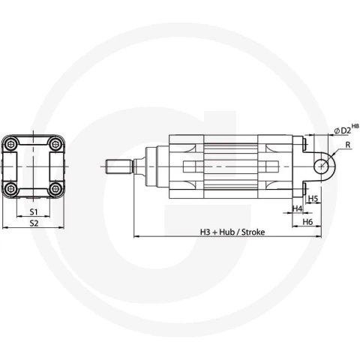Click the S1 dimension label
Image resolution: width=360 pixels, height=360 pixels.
pos(34,212)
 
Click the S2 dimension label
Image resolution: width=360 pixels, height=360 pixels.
pos(34,223)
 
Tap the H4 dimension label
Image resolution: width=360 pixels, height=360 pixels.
pos(298,208)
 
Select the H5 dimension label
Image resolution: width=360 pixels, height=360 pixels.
pos(313,199)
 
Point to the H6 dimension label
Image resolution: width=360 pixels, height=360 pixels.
pos(307,222)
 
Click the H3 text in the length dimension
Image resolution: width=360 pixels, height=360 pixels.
pos(205,232)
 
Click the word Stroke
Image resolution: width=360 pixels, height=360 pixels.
pos(253,232)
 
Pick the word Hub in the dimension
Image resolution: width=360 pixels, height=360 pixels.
pos(227,232)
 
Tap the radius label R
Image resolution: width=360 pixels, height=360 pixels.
pos(348,145)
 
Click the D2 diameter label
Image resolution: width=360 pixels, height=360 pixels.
pos(346,130)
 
